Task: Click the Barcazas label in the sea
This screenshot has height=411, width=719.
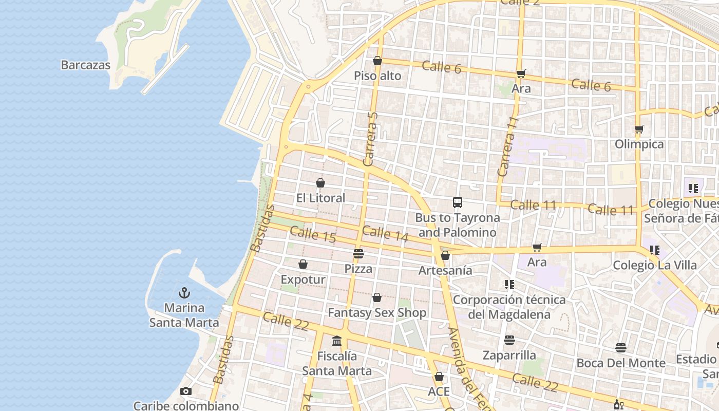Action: click(86, 65)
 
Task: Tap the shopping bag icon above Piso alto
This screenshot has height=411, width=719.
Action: click(377, 61)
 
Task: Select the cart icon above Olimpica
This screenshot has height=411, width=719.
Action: click(639, 129)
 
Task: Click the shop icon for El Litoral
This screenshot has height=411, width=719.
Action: click(320, 183)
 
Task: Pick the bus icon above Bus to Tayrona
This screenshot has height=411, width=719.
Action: click(457, 202)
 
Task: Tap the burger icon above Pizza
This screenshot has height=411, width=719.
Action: click(358, 254)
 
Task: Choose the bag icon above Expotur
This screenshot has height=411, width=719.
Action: click(303, 265)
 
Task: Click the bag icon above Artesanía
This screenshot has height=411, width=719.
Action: click(445, 255)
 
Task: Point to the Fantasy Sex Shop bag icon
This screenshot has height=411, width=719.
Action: click(377, 298)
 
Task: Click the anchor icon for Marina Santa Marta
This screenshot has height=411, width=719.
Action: click(184, 293)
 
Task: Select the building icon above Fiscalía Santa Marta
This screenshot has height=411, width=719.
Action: click(337, 341)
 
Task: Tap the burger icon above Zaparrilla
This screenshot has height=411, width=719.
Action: click(509, 340)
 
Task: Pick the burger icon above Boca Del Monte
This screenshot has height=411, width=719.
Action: click(621, 348)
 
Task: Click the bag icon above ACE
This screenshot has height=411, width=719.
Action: click(439, 377)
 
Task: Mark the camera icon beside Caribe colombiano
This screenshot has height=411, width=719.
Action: click(186, 391)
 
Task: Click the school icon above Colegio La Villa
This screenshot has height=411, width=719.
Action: click(654, 250)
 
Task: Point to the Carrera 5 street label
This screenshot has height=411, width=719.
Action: click(370, 139)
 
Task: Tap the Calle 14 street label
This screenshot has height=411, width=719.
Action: click(385, 234)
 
